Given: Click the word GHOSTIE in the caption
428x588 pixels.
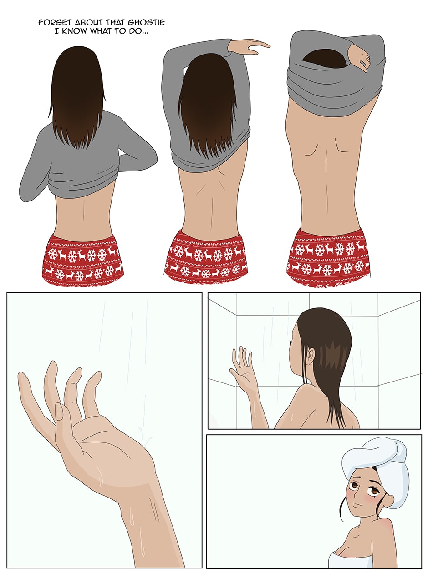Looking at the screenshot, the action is [146, 22].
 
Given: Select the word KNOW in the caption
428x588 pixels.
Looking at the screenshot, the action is [74, 31].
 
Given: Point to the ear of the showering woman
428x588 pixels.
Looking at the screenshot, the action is [311, 356].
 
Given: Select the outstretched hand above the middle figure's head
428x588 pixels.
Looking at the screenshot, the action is [249, 47].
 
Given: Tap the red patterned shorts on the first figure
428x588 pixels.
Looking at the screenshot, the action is [82, 260].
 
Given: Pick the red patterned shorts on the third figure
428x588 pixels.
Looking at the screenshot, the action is [328, 259].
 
